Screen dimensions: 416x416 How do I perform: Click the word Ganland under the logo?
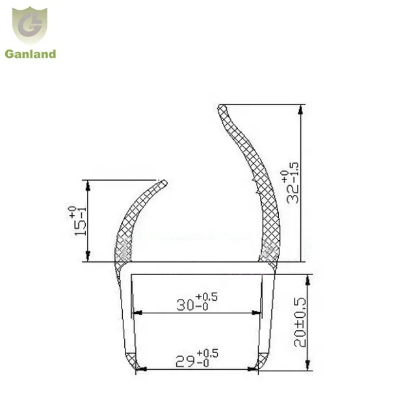(x=31, y=55)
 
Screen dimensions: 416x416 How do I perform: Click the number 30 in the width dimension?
(x=186, y=304)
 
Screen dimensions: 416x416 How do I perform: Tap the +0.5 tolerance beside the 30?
(x=209, y=297)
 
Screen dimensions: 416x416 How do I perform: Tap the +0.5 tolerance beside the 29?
(x=209, y=354)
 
